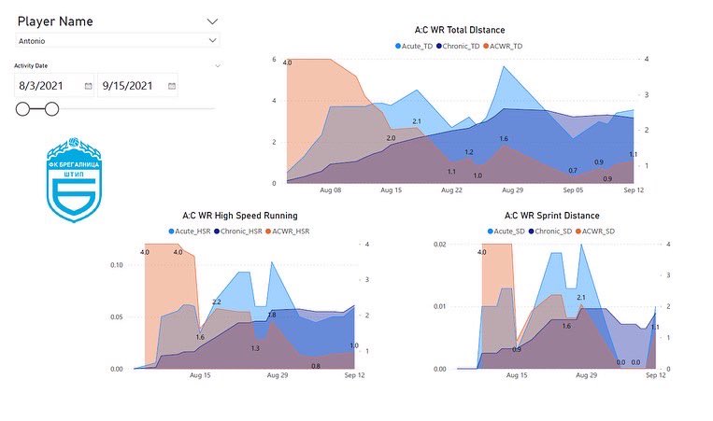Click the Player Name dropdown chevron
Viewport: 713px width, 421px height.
[212, 21]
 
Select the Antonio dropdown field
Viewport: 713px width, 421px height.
[118, 40]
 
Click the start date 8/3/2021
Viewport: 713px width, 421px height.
[49, 85]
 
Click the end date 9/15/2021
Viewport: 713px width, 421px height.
[131, 85]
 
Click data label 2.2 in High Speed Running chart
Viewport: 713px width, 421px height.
[216, 302]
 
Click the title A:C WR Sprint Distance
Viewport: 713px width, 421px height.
[545, 216]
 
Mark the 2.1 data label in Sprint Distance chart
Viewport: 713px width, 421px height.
[580, 298]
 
